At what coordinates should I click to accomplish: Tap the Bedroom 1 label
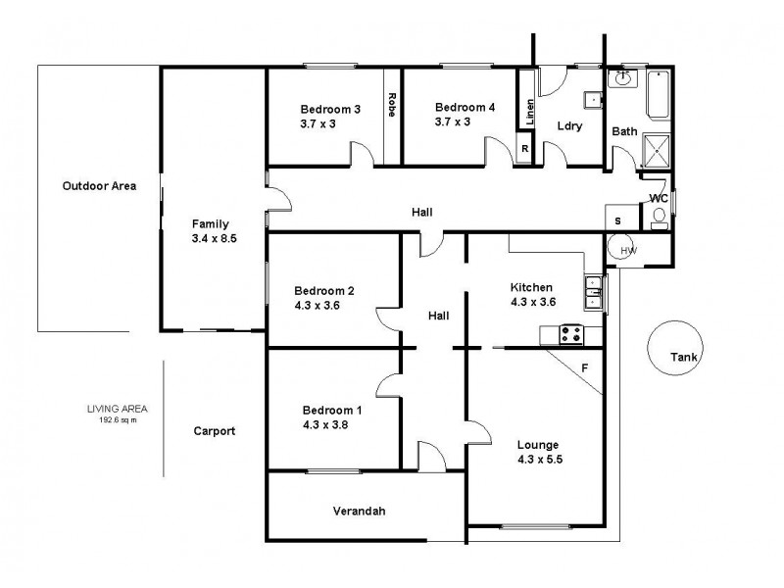325,410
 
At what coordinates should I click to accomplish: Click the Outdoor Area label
99,185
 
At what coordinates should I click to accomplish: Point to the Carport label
214,430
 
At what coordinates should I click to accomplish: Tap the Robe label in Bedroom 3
392,104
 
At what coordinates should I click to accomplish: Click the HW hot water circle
628,251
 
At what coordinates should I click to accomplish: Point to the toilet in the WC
659,216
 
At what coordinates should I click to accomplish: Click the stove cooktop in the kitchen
570,334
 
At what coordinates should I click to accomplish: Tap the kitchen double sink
592,286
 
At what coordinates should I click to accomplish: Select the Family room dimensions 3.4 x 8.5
216,238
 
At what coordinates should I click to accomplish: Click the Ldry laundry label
569,125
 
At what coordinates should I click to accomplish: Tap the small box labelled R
525,149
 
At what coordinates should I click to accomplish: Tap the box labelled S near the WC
617,220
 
